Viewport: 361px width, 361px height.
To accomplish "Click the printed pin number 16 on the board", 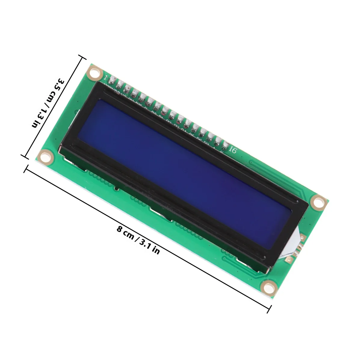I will (233, 150).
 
